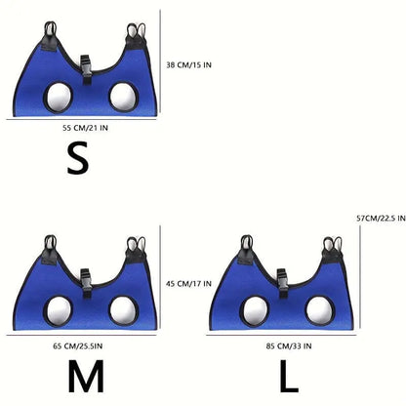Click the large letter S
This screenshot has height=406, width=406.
(x=78, y=159)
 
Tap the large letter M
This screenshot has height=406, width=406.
(x=86, y=376)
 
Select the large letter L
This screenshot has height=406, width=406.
(x=289, y=376)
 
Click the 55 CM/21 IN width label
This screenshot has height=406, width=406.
(x=85, y=128)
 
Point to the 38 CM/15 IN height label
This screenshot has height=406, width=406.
(x=188, y=65)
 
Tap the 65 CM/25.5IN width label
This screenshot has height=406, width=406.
(x=78, y=346)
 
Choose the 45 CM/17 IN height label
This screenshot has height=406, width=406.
(x=188, y=284)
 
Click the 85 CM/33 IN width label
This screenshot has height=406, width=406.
(x=289, y=346)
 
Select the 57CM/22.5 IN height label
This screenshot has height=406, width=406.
(x=381, y=218)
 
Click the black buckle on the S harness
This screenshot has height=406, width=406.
(x=86, y=69)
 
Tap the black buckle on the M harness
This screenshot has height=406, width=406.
(x=86, y=283)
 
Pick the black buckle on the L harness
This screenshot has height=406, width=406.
(x=283, y=283)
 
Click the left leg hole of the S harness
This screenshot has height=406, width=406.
(x=59, y=98)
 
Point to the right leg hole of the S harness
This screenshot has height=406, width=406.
(x=124, y=98)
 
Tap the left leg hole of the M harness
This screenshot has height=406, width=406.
(x=59, y=311)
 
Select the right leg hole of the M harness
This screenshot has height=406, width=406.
(x=124, y=311)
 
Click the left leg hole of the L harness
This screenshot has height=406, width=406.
(x=256, y=311)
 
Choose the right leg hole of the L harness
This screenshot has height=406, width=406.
(x=320, y=311)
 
